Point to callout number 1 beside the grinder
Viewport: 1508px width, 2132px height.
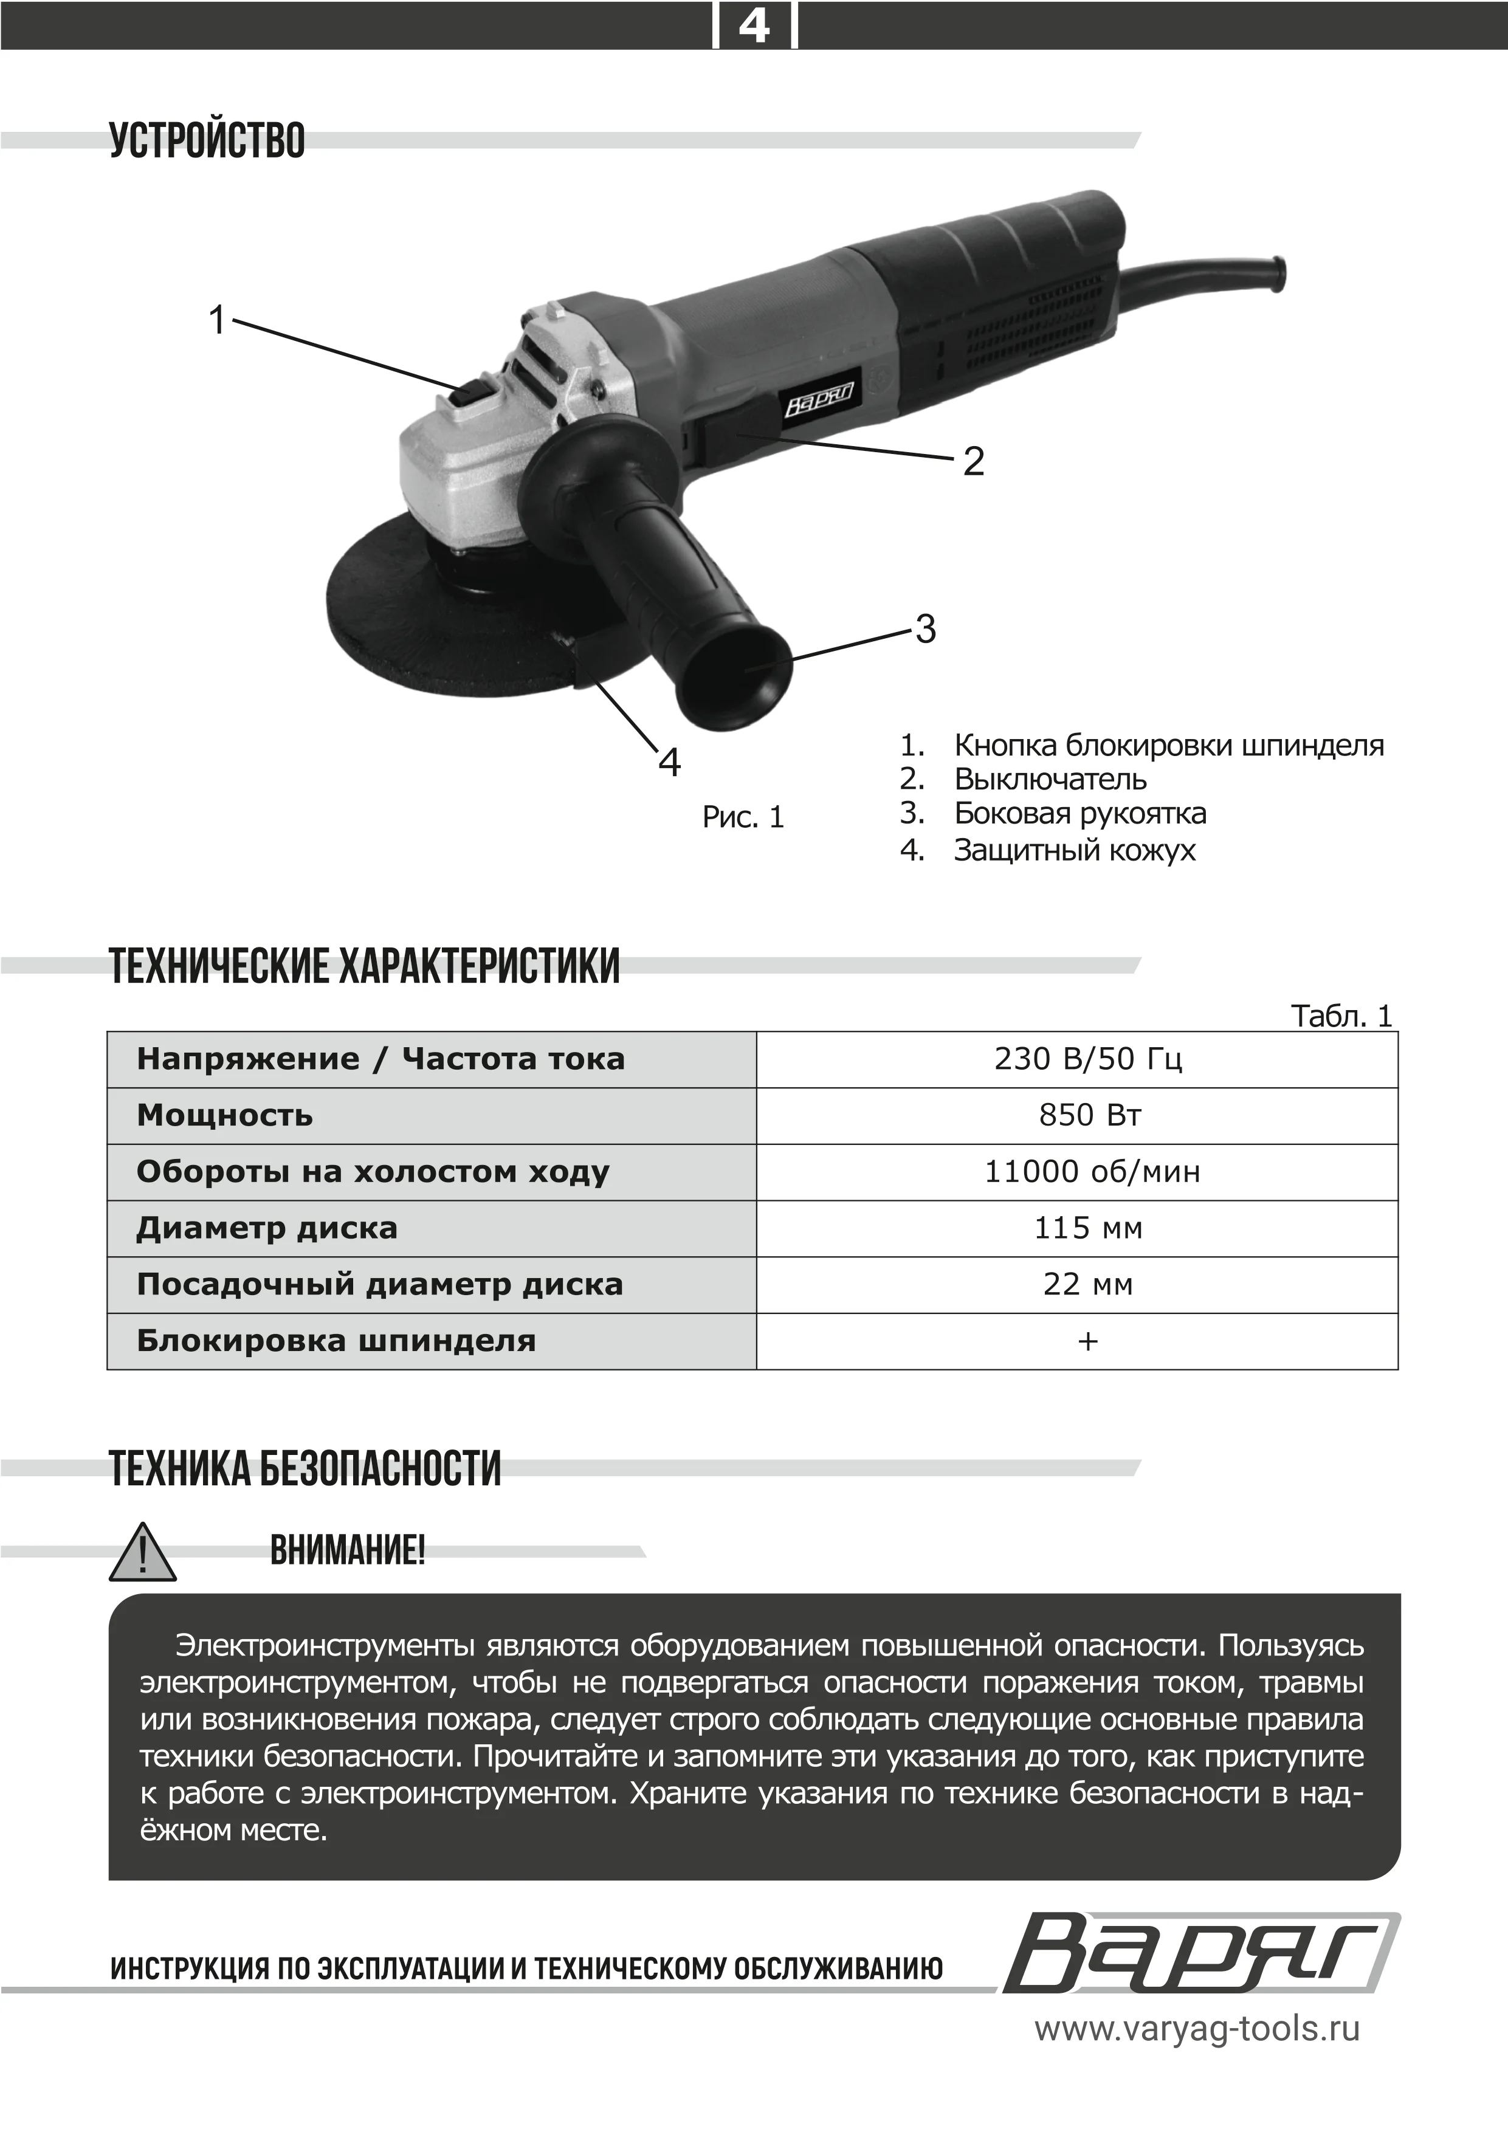[217, 320]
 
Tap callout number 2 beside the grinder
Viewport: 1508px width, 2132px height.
[973, 461]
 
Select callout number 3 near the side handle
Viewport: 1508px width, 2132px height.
[925, 630]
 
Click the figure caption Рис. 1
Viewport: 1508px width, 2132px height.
[743, 817]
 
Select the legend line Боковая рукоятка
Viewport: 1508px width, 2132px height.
[1080, 813]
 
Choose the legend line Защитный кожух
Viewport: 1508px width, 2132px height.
[1075, 850]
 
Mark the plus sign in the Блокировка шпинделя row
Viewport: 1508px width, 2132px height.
[1087, 1341]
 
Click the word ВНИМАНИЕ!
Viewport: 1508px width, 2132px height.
[347, 1551]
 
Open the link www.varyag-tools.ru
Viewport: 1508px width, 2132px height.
[1197, 2029]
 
